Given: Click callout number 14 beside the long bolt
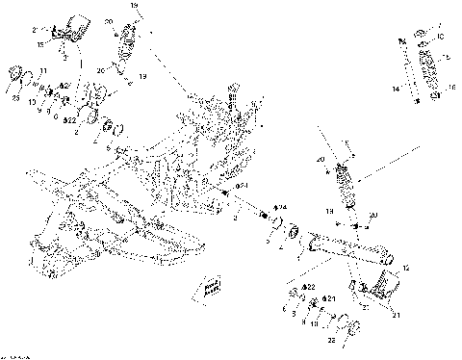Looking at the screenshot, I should point(396,89).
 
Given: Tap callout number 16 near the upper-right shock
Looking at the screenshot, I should point(452,87).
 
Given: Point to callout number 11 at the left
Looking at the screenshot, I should point(43,71).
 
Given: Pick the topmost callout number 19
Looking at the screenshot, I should point(134,7).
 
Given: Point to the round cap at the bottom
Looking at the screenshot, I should point(353,327).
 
